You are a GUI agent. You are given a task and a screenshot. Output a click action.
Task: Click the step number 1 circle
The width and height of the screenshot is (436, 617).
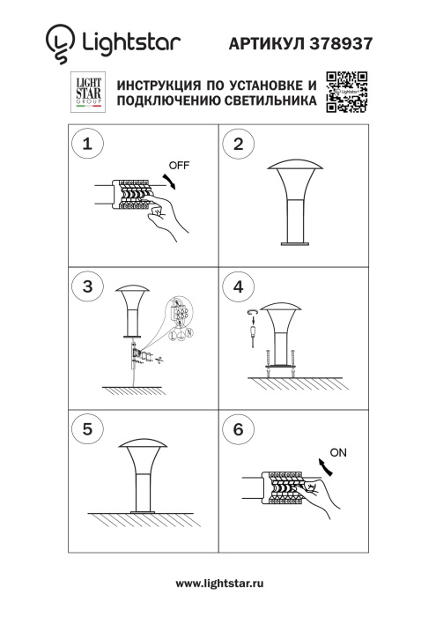click(x=86, y=146)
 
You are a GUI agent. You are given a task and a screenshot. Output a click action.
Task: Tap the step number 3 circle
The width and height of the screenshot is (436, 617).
click(x=86, y=287)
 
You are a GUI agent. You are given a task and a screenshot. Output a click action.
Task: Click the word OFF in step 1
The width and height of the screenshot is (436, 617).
click(x=179, y=165)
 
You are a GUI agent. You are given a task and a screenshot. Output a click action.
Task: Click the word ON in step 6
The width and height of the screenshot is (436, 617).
click(x=336, y=453)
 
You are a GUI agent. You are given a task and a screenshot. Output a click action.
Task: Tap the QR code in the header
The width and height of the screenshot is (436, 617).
click(x=346, y=91)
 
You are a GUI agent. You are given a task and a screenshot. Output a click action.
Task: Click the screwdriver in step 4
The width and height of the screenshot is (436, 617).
click(x=251, y=334)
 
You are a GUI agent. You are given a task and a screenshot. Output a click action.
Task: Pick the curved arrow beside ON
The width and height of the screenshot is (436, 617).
click(x=325, y=468)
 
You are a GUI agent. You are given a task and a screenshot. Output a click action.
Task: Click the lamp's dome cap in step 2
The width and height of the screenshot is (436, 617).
click(x=295, y=168)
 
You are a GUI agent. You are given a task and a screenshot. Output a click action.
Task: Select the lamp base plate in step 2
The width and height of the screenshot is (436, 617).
click(x=295, y=244)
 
